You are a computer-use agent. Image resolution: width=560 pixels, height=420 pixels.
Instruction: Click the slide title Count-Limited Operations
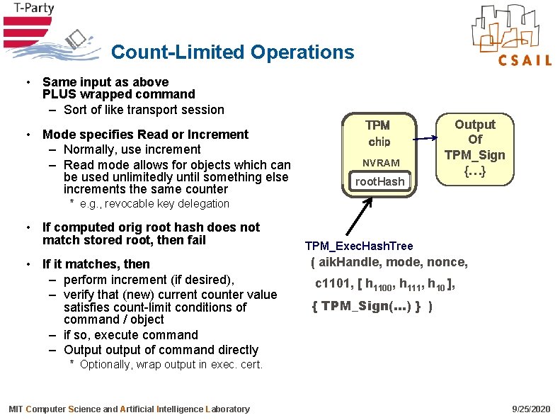232,52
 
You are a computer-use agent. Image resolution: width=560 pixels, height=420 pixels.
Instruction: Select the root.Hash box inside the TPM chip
379,181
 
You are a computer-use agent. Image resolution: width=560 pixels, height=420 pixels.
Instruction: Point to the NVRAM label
381,162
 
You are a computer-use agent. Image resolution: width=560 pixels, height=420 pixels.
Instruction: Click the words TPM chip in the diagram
378,133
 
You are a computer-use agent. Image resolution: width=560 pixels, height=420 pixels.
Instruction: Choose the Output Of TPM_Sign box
474,148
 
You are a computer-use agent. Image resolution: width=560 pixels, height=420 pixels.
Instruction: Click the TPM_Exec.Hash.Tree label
359,246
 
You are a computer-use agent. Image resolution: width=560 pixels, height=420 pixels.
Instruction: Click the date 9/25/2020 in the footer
530,409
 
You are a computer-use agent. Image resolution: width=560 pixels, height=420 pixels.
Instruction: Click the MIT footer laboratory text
129,409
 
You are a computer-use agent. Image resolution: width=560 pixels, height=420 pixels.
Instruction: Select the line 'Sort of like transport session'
143,110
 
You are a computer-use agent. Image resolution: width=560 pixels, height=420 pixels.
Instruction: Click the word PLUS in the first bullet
59,94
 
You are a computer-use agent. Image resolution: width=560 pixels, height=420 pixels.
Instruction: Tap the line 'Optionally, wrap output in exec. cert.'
171,365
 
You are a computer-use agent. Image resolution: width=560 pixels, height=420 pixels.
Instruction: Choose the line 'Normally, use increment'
132,149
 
